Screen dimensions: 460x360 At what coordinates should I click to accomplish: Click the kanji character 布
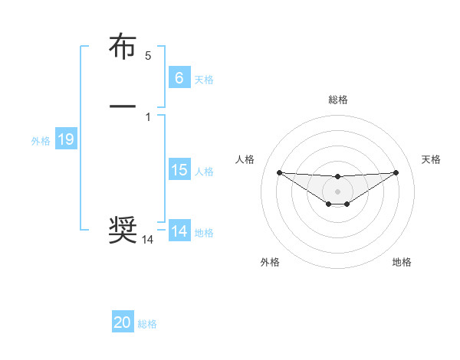pos(123,47)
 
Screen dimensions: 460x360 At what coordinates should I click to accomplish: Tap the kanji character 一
pos(123,106)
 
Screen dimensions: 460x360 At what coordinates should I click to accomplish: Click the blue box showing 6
pos(179,77)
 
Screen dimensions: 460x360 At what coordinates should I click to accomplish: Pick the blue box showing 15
pos(179,170)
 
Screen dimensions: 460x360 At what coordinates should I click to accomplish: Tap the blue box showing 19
pos(65,139)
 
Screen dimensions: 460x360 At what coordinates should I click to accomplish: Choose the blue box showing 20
pos(123,322)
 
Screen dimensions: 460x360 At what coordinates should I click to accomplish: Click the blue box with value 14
pos(179,231)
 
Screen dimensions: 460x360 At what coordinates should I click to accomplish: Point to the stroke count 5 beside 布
pos(148,56)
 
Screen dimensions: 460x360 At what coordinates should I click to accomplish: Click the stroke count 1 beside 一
pos(148,116)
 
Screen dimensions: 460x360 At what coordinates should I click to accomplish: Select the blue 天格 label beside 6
pos(204,79)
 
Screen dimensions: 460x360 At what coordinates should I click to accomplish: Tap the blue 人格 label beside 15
pos(204,172)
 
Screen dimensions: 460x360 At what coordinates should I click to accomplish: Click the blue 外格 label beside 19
pos(40,141)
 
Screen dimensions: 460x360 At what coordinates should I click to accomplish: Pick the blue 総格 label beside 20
pos(147,324)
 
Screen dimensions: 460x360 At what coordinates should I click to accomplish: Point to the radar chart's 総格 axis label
pos(337,100)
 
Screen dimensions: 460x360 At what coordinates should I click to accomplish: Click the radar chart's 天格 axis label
pos(432,159)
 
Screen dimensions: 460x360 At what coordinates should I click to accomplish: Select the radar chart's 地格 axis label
pos(402,262)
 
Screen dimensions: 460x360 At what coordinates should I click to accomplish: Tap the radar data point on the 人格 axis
pos(279,172)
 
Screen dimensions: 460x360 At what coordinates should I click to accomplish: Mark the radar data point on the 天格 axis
pos(396,172)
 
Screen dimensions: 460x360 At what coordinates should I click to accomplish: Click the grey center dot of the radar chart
pos(337,191)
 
